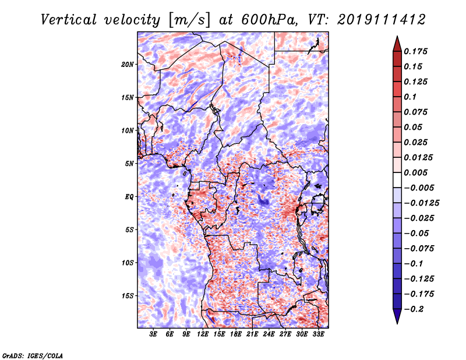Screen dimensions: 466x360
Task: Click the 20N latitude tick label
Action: pyautogui.click(x=128, y=65)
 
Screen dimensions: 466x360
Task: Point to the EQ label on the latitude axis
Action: pyautogui.click(x=129, y=197)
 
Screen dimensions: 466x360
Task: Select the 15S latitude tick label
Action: pyautogui.click(x=128, y=296)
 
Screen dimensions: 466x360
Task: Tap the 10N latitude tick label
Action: pyautogui.click(x=128, y=130)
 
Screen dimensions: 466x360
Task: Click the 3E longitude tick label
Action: pyautogui.click(x=153, y=334)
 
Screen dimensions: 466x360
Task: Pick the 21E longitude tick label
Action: pyautogui.click(x=252, y=334)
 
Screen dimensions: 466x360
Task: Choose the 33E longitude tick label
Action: pyautogui.click(x=318, y=334)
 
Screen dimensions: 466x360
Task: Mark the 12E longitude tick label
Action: pyautogui.click(x=203, y=334)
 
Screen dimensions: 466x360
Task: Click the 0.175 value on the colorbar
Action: pyautogui.click(x=415, y=51)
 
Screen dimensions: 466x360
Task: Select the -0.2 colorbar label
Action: pyautogui.click(x=414, y=309)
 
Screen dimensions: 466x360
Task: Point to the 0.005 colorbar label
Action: pyautogui.click(x=415, y=172)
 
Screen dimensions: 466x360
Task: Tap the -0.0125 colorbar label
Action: pyautogui.click(x=421, y=203)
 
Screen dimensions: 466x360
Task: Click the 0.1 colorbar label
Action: pyautogui.click(x=410, y=97)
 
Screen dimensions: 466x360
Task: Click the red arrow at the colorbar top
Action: pyautogui.click(x=397, y=44)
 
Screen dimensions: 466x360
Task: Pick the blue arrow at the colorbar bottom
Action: pyautogui.click(x=397, y=316)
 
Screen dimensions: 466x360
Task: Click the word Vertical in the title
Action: pyautogui.click(x=69, y=20)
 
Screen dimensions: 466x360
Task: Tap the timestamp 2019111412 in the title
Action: pyautogui.click(x=382, y=20)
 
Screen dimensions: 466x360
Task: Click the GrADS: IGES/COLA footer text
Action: pyautogui.click(x=33, y=355)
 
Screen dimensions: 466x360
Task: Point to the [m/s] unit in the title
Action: pyautogui.click(x=189, y=20)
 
